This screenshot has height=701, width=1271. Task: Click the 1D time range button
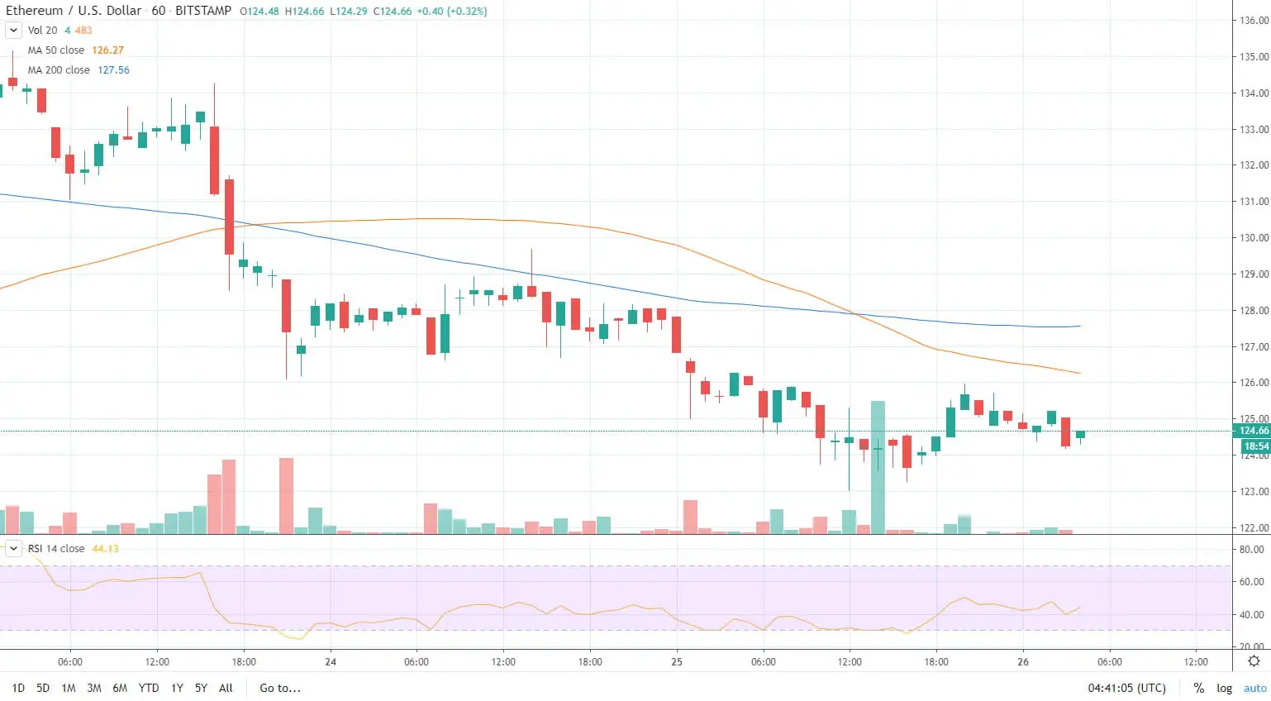pos(18,688)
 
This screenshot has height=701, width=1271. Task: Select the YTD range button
pos(149,688)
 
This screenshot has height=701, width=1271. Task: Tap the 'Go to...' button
pos(280,688)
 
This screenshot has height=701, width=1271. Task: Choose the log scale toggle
pos(1224,688)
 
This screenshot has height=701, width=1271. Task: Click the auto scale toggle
pos(1254,688)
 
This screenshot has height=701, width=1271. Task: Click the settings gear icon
pos(1254,661)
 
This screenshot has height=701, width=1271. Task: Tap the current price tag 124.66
pos(1254,431)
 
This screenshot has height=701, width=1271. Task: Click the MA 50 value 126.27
pos(107,50)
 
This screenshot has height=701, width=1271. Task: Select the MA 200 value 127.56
pos(113,70)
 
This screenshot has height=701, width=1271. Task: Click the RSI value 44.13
pos(105,549)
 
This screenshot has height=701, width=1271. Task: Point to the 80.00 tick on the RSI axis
pos(1251,550)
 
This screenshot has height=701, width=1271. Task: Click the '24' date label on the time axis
pos(331,662)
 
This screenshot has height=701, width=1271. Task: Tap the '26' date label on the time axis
pos(1023,662)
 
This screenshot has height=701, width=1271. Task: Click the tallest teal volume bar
pos(878,467)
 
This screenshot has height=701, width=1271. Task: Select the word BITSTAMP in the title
pos(203,11)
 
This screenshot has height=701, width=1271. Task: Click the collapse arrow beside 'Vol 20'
pos(13,31)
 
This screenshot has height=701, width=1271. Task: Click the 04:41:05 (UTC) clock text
pos(1126,688)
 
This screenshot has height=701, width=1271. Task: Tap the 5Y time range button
pos(201,688)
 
